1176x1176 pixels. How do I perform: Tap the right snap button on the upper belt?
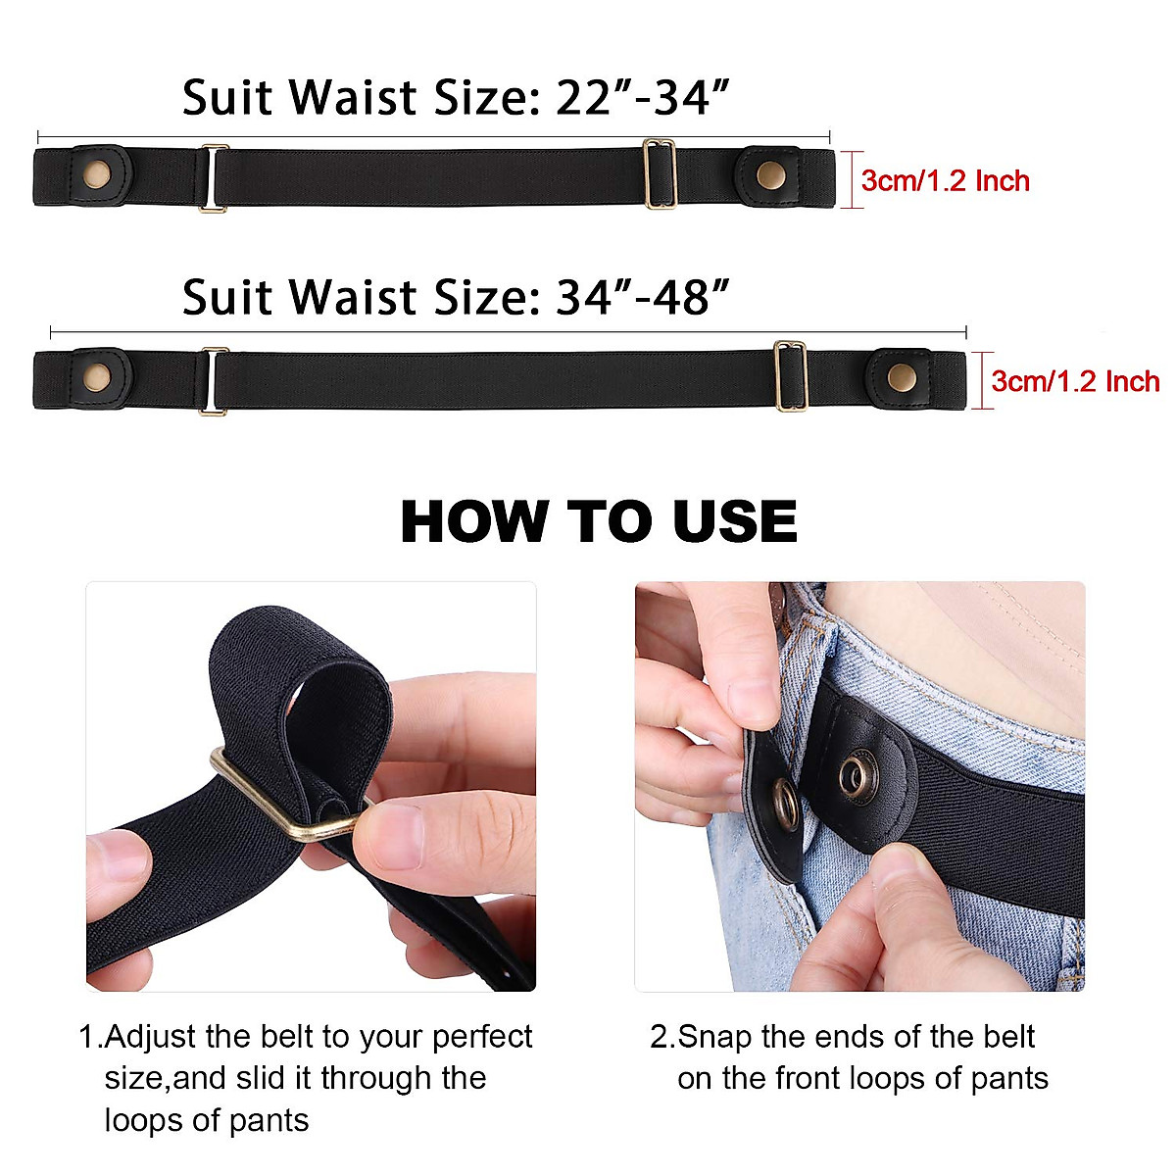pyautogui.click(x=770, y=176)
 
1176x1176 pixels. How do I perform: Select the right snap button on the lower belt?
pyautogui.click(x=899, y=375)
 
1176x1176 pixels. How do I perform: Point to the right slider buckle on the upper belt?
pyautogui.click(x=660, y=174)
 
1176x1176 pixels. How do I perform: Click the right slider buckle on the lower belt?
pyautogui.click(x=790, y=375)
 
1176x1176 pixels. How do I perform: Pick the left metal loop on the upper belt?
pyautogui.click(x=213, y=177)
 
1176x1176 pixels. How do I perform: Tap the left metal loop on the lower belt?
pyautogui.click(x=213, y=380)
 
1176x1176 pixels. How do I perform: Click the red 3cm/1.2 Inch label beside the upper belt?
pyautogui.click(x=946, y=181)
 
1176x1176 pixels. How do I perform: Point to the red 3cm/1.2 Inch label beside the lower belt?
pyautogui.click(x=1075, y=381)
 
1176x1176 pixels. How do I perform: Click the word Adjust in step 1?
pyautogui.click(x=152, y=1037)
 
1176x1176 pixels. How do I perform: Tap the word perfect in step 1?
pyautogui.click(x=482, y=1037)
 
